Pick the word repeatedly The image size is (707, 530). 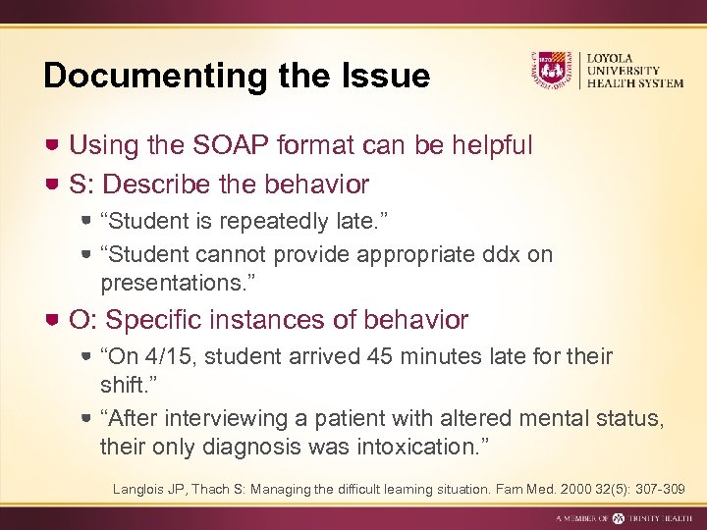point(286,219)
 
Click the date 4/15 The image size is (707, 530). point(171,356)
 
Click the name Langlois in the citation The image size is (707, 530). point(139,488)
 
